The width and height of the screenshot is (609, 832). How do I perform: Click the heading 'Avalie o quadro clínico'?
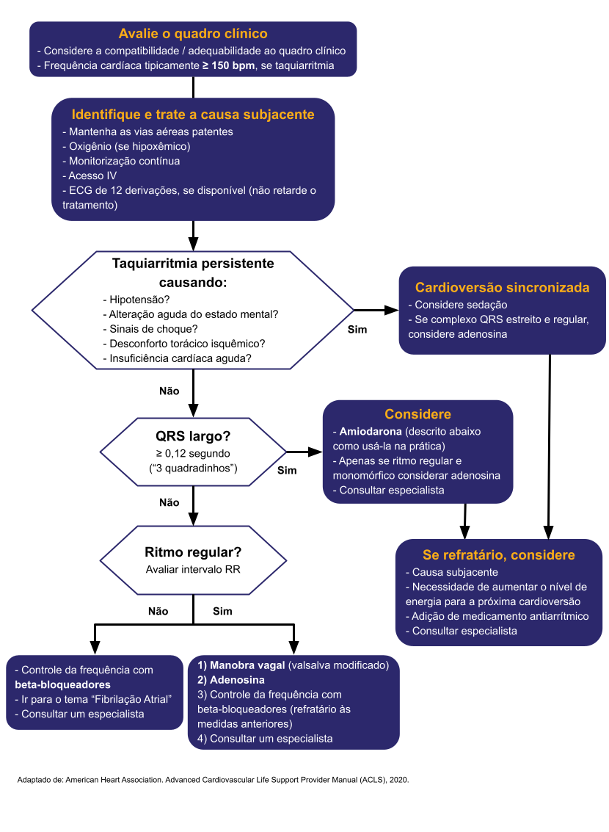[x=193, y=34]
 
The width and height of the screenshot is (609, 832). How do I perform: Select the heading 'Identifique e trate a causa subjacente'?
[x=193, y=115]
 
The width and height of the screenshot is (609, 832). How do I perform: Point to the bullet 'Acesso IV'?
[x=92, y=176]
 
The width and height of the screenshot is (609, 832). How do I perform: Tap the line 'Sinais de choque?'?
[x=153, y=329]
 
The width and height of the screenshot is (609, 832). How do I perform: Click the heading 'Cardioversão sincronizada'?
[x=503, y=288]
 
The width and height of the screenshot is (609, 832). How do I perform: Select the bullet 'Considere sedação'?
[x=461, y=305]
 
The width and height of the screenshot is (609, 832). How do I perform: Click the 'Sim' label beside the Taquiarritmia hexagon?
[x=357, y=329]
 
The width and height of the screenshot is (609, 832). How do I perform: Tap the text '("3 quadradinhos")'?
[x=192, y=468]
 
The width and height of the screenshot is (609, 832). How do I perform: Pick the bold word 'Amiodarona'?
[x=371, y=432]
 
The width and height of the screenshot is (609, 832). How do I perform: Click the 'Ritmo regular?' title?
[x=193, y=552]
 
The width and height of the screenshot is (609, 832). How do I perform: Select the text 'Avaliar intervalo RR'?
[x=192, y=569]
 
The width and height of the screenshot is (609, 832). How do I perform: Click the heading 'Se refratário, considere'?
[x=499, y=555]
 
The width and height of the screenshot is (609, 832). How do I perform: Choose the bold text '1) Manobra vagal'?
[x=241, y=666]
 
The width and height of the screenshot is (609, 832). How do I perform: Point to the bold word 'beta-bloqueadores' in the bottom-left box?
[x=62, y=684]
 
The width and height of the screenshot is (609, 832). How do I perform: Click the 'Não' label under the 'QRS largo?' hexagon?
[x=169, y=503]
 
